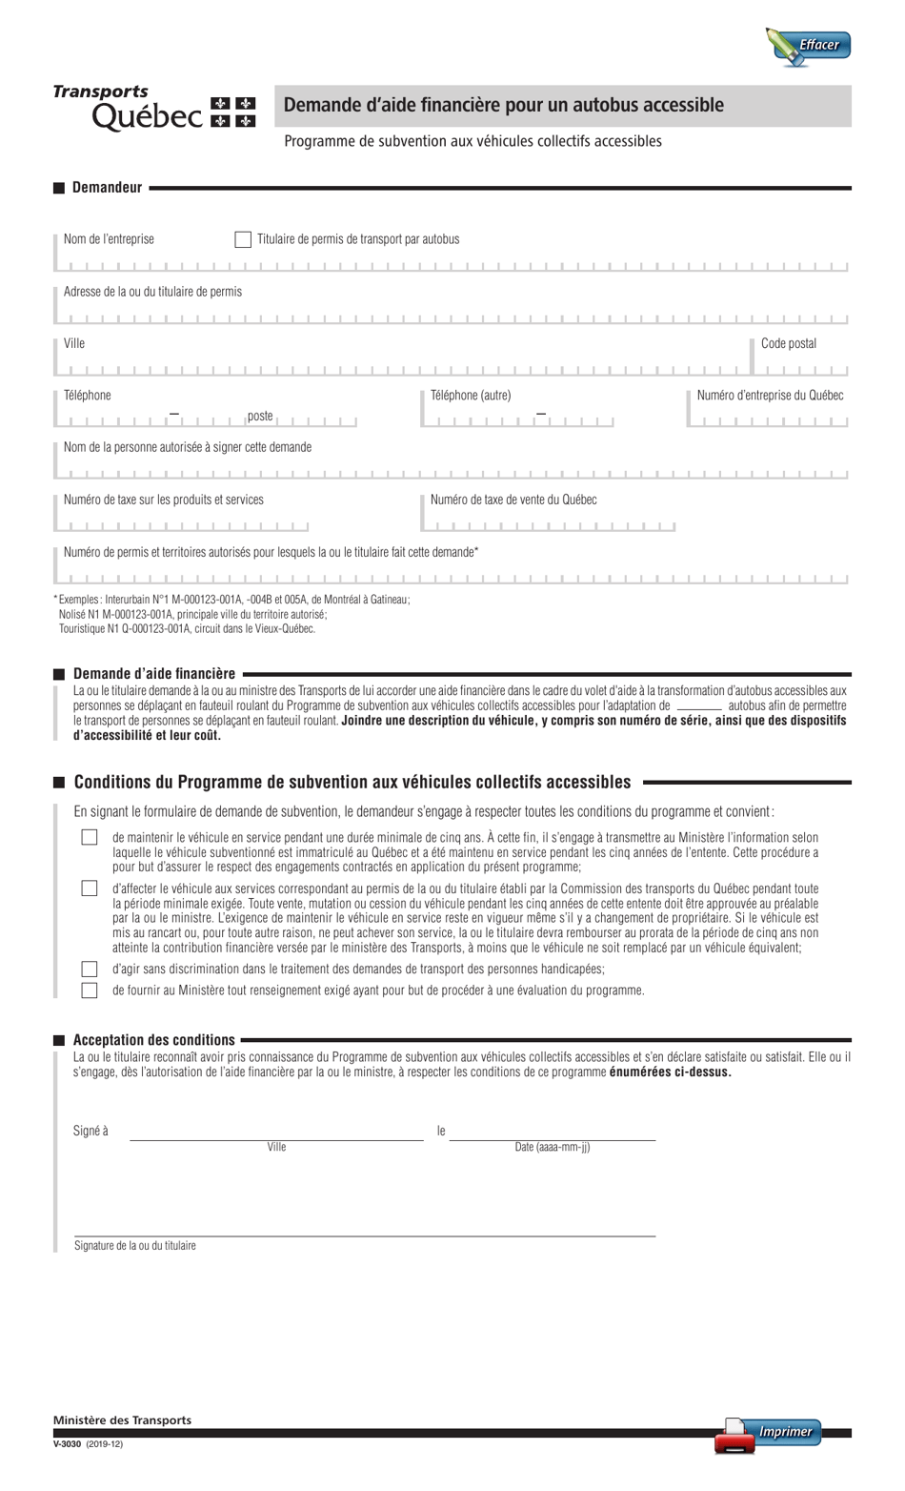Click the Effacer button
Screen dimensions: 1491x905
pos(809,46)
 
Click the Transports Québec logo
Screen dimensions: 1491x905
pos(154,107)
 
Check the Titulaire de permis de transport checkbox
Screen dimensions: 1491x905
pos(243,239)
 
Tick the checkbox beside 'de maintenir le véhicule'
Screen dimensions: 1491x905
pos(90,837)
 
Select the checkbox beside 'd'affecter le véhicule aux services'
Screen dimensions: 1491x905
pos(90,888)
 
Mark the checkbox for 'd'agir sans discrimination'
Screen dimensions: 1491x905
pos(90,969)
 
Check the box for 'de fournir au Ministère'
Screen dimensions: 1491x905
pos(90,991)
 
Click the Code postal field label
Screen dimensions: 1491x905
pos(788,343)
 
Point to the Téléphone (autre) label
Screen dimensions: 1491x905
pos(471,395)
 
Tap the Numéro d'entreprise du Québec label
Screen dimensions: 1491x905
pos(770,395)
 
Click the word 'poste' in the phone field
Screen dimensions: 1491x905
pos(260,416)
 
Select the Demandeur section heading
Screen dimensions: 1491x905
pos(107,188)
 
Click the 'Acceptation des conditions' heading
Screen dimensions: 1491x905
pos(153,1040)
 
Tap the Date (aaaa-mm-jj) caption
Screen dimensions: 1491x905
pos(553,1147)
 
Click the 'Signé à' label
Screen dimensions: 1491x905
pos(90,1131)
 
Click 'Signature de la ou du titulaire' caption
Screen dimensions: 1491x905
pos(135,1246)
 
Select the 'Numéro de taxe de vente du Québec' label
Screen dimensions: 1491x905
pos(513,500)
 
